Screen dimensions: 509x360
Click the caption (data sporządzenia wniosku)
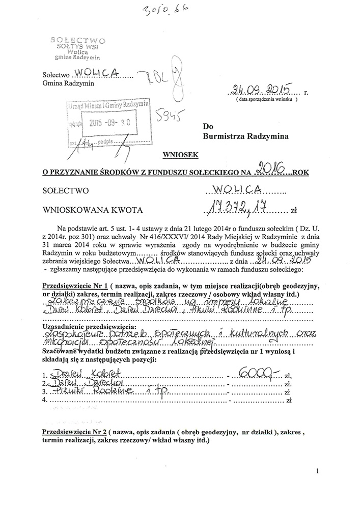pyautogui.click(x=266, y=99)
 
